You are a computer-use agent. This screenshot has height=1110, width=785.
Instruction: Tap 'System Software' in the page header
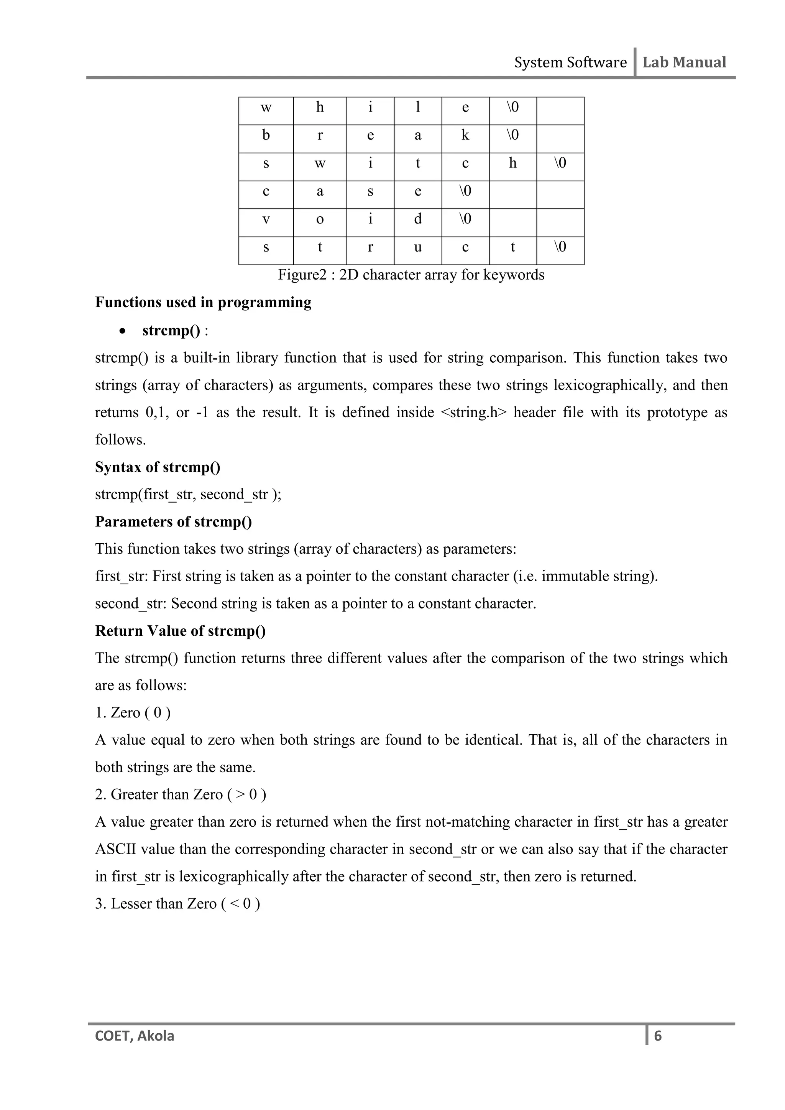pyautogui.click(x=570, y=62)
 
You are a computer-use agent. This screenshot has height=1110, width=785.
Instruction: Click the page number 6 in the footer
pyautogui.click(x=657, y=1036)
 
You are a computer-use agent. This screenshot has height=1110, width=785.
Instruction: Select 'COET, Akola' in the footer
pyautogui.click(x=135, y=1036)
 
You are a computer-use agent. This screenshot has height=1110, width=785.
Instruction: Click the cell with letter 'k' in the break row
pyautogui.click(x=465, y=135)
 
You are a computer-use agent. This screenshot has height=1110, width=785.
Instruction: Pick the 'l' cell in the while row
pyautogui.click(x=418, y=107)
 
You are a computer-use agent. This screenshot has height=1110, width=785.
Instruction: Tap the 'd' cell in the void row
pyautogui.click(x=418, y=219)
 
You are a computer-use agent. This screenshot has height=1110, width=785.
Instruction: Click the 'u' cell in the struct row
pyautogui.click(x=418, y=248)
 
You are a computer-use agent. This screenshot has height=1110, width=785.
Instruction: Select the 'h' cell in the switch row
pyautogui.click(x=512, y=163)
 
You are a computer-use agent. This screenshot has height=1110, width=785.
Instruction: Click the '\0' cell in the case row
pyautogui.click(x=465, y=191)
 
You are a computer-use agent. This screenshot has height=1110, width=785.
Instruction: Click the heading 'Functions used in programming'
pyautogui.click(x=203, y=302)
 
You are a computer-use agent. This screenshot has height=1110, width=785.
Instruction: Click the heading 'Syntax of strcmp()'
pyautogui.click(x=158, y=467)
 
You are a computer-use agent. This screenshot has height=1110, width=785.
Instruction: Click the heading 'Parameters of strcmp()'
pyautogui.click(x=173, y=521)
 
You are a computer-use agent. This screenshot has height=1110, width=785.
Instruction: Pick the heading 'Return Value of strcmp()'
pyautogui.click(x=180, y=631)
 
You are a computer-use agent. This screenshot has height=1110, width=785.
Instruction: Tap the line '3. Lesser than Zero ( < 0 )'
pyautogui.click(x=177, y=904)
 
